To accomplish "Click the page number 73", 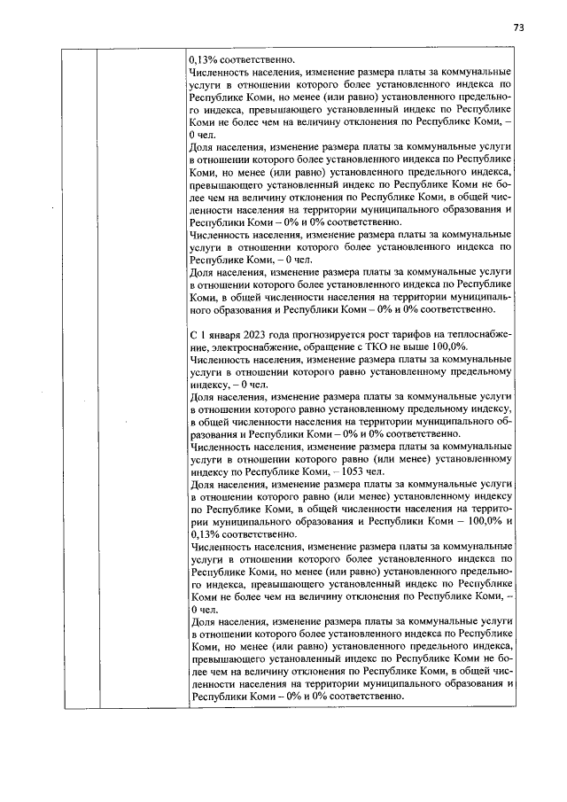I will click(x=519, y=27).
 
